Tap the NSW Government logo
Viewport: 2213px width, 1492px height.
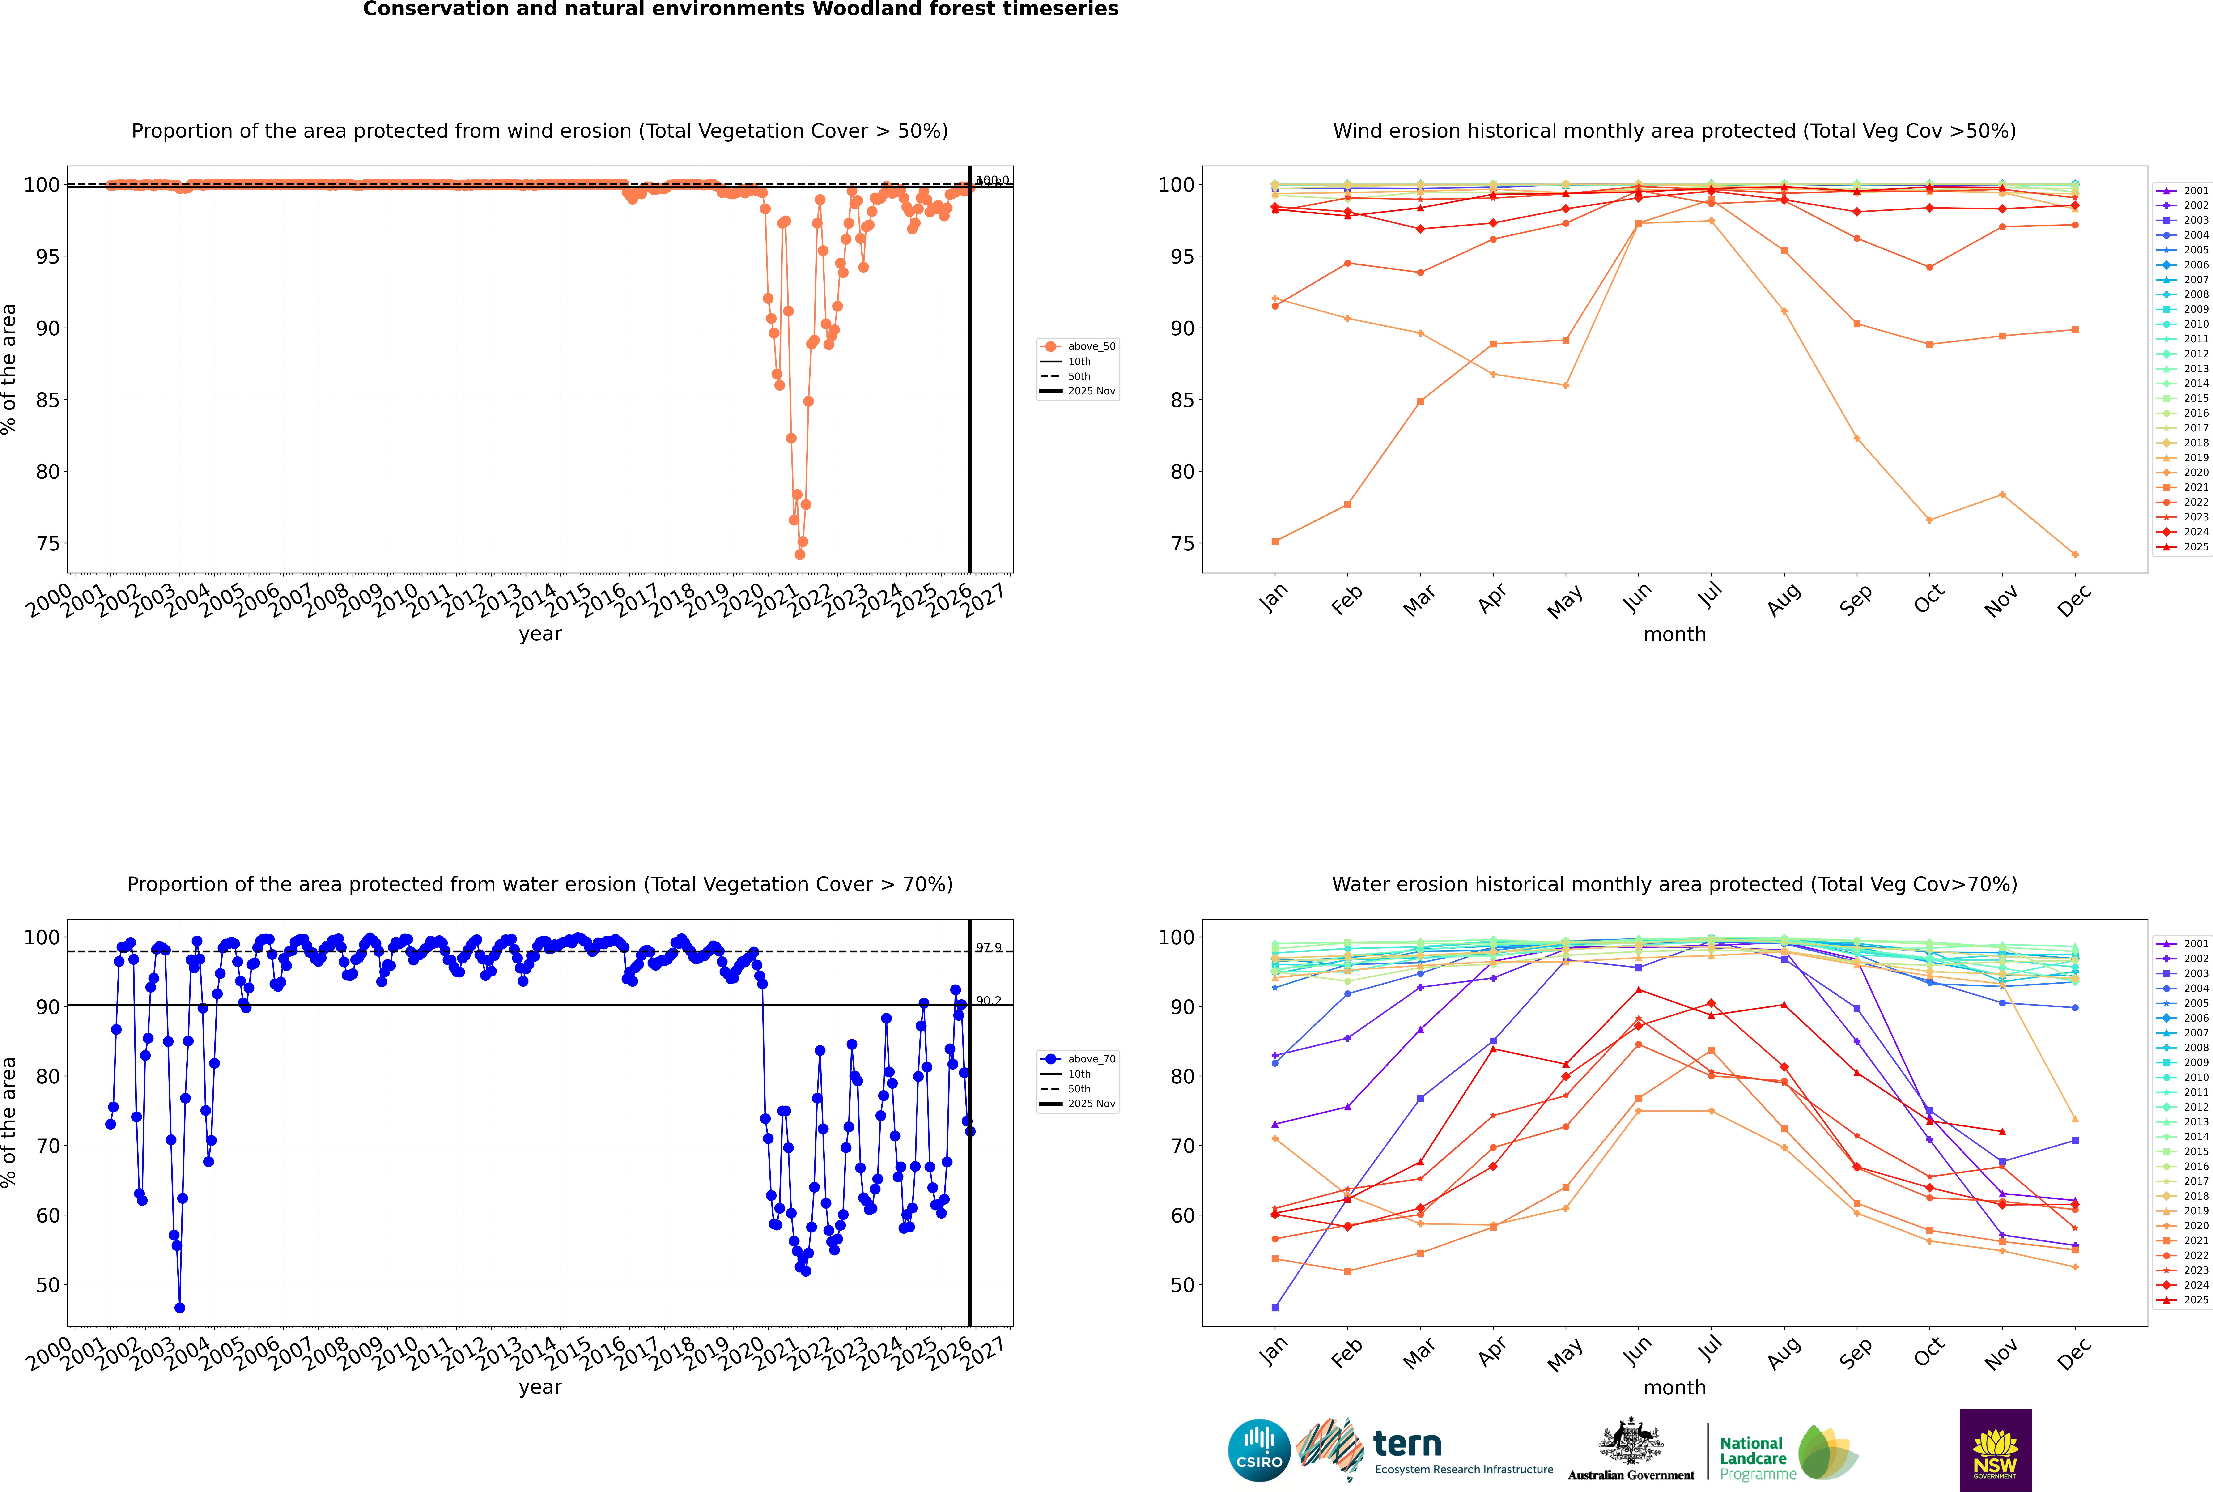tap(1995, 1449)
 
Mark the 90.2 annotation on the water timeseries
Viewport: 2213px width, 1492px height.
tap(989, 1001)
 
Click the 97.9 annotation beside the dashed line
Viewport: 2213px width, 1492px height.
tap(989, 948)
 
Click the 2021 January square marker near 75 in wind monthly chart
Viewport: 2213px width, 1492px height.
tap(1275, 541)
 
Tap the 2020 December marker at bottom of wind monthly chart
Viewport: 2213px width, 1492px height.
tap(2075, 555)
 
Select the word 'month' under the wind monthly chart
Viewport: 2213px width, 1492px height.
tap(1674, 635)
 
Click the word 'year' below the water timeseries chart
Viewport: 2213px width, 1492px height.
tap(540, 1387)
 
